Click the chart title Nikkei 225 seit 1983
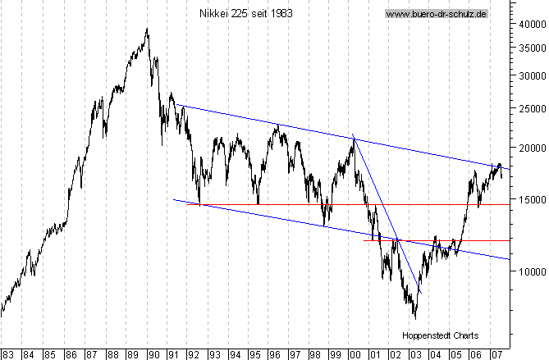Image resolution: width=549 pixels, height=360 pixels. pyautogui.click(x=245, y=14)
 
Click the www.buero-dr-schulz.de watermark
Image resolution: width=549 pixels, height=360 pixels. pyautogui.click(x=436, y=14)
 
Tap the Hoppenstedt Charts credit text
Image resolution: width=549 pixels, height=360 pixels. pyautogui.click(x=440, y=335)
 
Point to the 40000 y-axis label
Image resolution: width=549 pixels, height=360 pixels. pyautogui.click(x=529, y=25)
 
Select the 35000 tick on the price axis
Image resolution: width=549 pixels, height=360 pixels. pyautogui.click(x=529, y=48)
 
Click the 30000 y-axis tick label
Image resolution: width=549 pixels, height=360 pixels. pyautogui.click(x=529, y=75)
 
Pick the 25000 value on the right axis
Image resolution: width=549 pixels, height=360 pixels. pyautogui.click(x=529, y=108)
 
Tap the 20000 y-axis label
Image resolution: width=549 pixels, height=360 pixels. pyautogui.click(x=529, y=148)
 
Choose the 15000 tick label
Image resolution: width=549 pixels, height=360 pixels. pyautogui.click(x=529, y=198)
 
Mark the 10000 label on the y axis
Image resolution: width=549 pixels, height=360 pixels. pyautogui.click(x=529, y=271)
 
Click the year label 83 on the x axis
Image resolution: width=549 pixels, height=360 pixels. pyautogui.click(x=9, y=354)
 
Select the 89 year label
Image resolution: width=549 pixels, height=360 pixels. pyautogui.click(x=132, y=354)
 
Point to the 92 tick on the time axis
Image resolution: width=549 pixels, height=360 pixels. pyautogui.click(x=194, y=354)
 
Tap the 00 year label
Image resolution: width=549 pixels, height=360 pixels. pyautogui.click(x=355, y=354)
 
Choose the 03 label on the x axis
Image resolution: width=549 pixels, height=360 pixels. pyautogui.click(x=415, y=354)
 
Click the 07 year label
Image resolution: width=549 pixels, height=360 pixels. pyautogui.click(x=496, y=354)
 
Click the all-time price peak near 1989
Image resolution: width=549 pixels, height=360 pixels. pyautogui.click(x=147, y=30)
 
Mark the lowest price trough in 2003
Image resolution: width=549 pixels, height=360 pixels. pyautogui.click(x=415, y=317)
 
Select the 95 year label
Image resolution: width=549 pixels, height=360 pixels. pyautogui.click(x=254, y=354)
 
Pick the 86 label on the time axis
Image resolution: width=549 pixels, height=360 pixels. pyautogui.click(x=71, y=354)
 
